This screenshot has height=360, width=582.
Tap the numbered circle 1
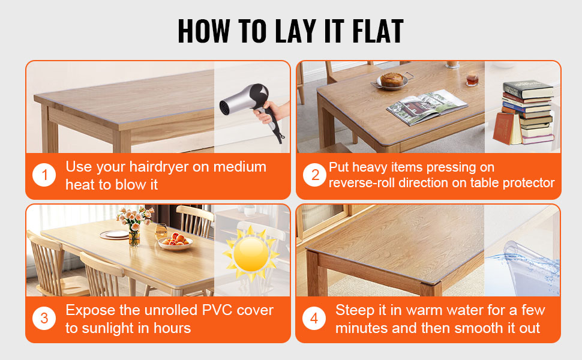coord(44,175)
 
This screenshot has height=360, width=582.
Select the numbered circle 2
coord(315,175)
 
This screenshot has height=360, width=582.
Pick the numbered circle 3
coord(44,318)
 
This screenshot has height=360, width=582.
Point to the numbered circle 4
coord(314,318)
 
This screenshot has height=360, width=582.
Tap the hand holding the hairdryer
coord(272,112)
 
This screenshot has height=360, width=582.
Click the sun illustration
coord(251,254)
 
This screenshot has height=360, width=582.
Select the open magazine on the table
coord(427,107)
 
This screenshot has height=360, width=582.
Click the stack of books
coord(524,113)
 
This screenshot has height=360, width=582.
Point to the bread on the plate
coord(392,79)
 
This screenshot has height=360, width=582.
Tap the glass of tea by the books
coord(472,79)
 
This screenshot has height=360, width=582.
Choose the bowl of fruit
coord(175,241)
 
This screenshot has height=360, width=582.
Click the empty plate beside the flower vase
coord(115,235)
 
